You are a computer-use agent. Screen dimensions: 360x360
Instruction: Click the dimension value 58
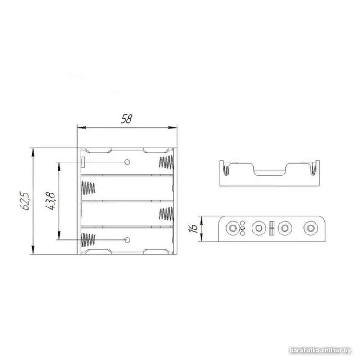127,119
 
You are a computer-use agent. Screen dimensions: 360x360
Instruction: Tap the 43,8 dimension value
50,201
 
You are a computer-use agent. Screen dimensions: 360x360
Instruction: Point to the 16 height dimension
193,229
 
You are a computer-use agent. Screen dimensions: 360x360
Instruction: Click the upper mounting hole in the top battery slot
127,162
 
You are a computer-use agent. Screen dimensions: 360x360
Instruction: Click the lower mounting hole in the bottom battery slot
127,240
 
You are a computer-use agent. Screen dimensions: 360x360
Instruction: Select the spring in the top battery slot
166,162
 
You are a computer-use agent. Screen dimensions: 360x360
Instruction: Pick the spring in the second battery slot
88,188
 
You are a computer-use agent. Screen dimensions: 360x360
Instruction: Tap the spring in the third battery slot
166,214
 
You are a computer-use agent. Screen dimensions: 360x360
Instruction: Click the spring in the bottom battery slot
88,240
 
